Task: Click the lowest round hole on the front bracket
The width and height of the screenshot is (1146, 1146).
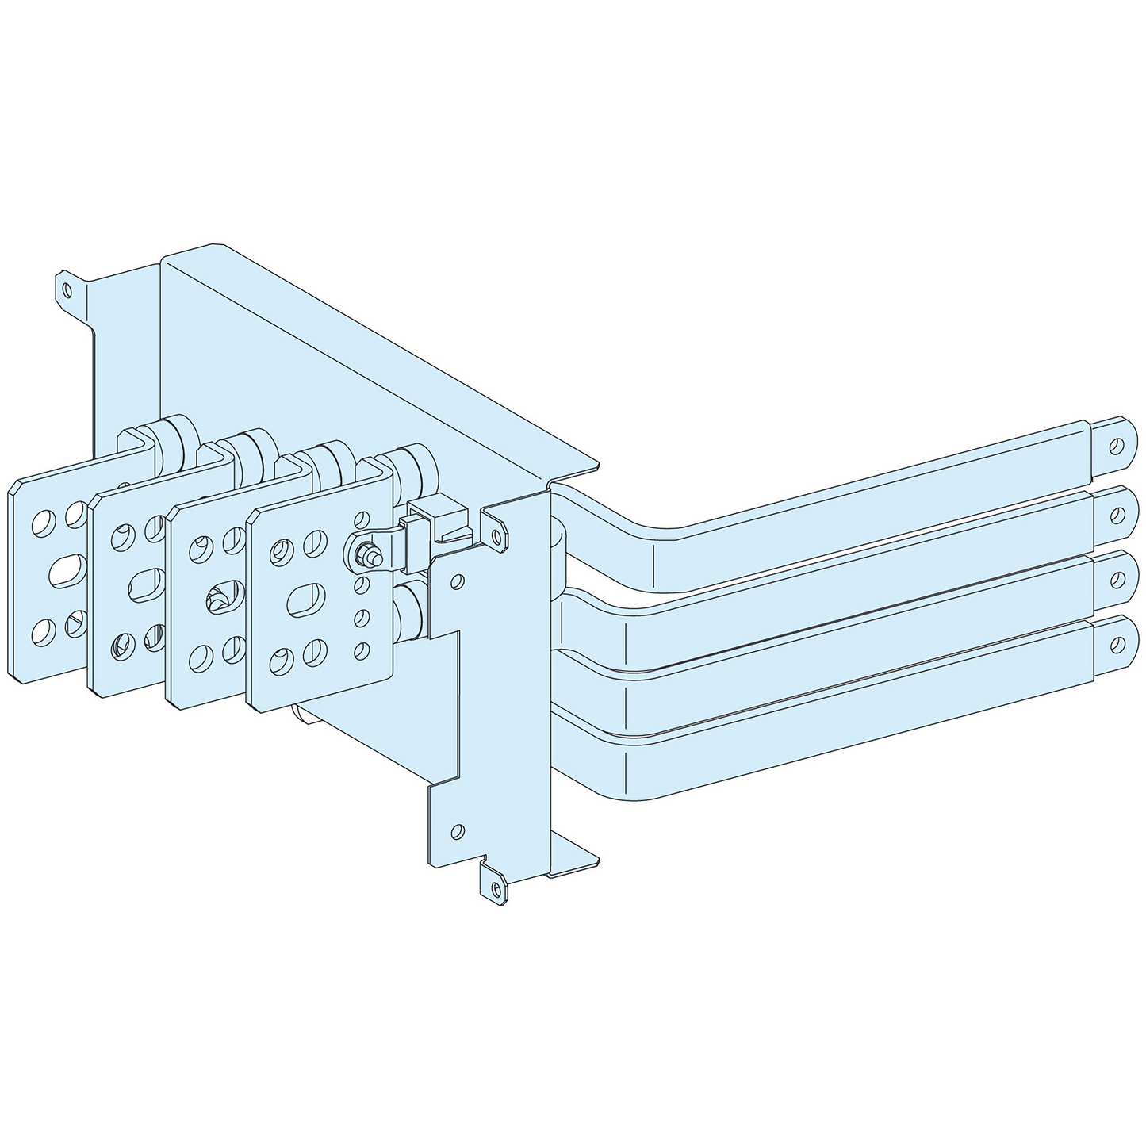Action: pyautogui.click(x=457, y=830)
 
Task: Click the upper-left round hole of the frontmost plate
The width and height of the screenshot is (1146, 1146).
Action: pyautogui.click(x=280, y=550)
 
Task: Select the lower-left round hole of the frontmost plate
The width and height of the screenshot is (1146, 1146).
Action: pyautogui.click(x=278, y=660)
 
